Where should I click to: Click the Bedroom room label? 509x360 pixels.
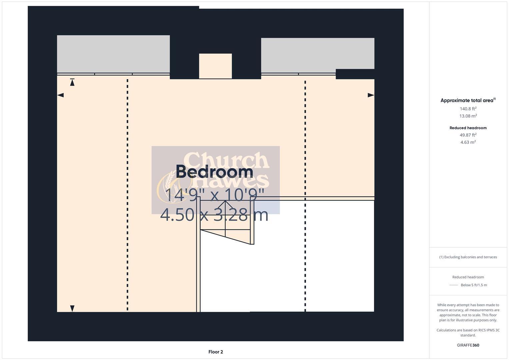tap(214, 172)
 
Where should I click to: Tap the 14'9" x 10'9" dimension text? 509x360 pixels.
tap(214, 195)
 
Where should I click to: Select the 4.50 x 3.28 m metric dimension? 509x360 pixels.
tap(214, 215)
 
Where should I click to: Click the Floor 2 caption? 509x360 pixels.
tap(216, 352)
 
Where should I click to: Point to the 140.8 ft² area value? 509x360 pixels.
tap(468, 109)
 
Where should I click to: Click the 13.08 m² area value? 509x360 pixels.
tap(468, 116)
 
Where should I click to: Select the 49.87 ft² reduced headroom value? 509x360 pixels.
tap(468, 135)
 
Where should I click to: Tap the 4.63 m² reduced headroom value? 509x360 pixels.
tap(468, 142)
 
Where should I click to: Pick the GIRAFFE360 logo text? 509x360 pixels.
tap(468, 345)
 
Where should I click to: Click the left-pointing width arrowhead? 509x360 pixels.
tap(60, 95)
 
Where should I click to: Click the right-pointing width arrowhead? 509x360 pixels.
tap(371, 95)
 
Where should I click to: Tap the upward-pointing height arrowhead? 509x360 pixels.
tap(72, 82)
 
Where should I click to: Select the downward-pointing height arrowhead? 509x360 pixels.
tap(72, 309)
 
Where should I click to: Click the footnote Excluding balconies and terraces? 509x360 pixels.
tap(468, 257)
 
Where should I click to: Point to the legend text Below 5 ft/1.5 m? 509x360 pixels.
tap(474, 285)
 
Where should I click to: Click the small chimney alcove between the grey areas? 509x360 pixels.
tap(215, 66)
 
